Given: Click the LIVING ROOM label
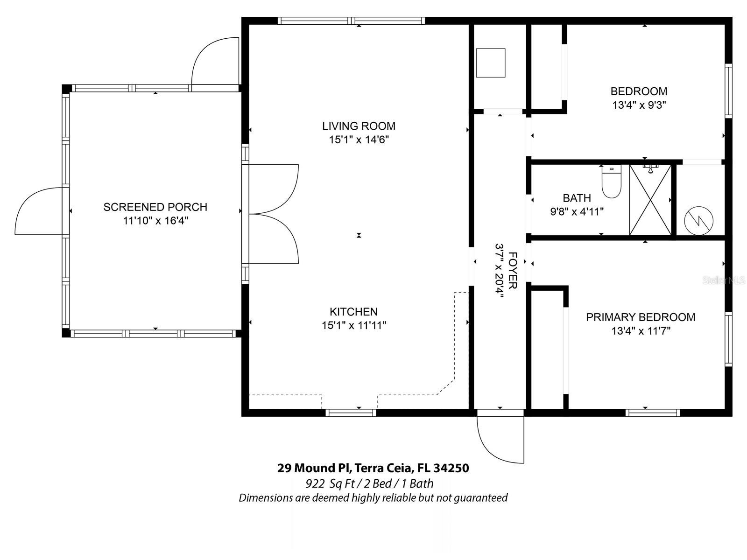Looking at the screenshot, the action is (359, 126).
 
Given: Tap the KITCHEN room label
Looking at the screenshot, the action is (353, 312).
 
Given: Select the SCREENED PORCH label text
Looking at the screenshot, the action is (155, 207).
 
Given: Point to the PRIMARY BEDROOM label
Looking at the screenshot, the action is (641, 317).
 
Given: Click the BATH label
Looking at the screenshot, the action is (577, 198).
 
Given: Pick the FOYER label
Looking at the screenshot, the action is (513, 271).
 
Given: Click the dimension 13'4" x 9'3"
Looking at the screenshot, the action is (639, 105).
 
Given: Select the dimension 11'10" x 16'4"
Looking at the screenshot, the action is (155, 221).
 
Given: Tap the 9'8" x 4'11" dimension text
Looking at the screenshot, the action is (577, 212).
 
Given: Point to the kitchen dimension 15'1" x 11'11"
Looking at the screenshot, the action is (354, 325).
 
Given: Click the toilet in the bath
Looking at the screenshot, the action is (612, 182).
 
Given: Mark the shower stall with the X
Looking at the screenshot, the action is (650, 200).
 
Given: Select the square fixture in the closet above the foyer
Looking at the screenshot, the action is (490, 63).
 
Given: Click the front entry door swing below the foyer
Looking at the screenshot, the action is (500, 437).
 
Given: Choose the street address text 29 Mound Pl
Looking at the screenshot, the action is (314, 468).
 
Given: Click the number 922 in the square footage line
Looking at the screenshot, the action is (315, 483).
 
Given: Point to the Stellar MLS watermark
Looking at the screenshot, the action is (724, 280).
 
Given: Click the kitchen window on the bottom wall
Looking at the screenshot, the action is (351, 413).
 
